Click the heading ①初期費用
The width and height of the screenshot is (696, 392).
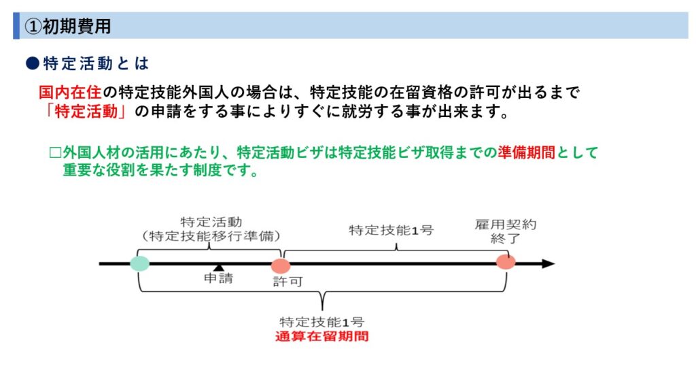pos(67,27)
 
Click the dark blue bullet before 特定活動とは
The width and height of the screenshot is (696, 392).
pos(33,63)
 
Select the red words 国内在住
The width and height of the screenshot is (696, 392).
pos(70,93)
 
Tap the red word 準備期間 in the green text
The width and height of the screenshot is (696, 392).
pos(526,152)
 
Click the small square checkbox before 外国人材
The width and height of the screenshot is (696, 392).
pos(55,153)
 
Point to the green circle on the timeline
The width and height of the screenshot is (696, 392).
pos(140,263)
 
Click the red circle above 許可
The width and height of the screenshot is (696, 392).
pos(281,266)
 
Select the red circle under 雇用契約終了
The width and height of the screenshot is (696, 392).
pos(506,262)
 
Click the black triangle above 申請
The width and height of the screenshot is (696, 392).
pos(218,267)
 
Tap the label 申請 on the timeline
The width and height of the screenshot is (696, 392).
pos(218,278)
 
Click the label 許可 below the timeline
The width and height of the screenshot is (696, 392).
pos(288,281)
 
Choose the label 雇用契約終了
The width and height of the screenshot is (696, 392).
pos(506,231)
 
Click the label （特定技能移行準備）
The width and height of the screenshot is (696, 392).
pos(211,236)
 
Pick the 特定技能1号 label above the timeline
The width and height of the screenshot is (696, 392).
pos(391,230)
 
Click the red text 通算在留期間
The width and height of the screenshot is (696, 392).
pos(321,336)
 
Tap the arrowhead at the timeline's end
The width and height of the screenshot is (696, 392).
pos(549,263)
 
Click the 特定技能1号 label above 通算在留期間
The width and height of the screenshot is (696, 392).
pos(321,322)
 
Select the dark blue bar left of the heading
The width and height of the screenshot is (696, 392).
pos(16,26)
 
